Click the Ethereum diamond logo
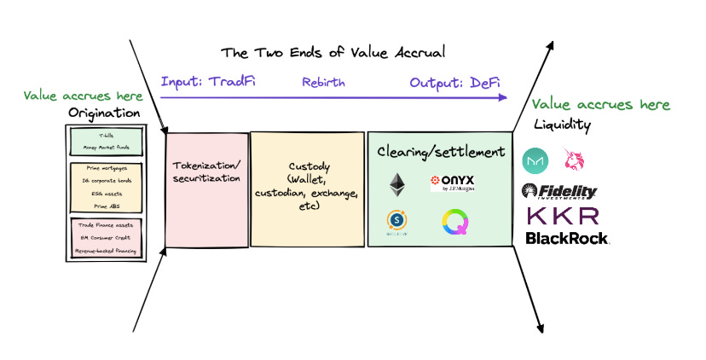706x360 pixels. click(397, 184)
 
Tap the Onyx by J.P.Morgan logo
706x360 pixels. click(452, 183)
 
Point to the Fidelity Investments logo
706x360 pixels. click(559, 192)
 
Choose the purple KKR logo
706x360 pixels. click(563, 215)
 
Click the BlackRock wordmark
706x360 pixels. click(567, 238)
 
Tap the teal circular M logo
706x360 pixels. click(535, 160)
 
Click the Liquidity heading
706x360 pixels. click(562, 125)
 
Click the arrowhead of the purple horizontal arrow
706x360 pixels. click(503, 98)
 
